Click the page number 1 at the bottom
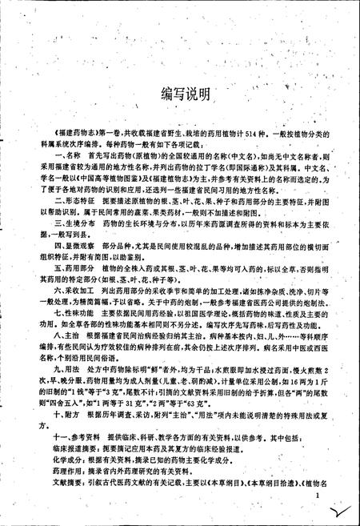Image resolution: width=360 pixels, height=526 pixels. pos(318,504)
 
